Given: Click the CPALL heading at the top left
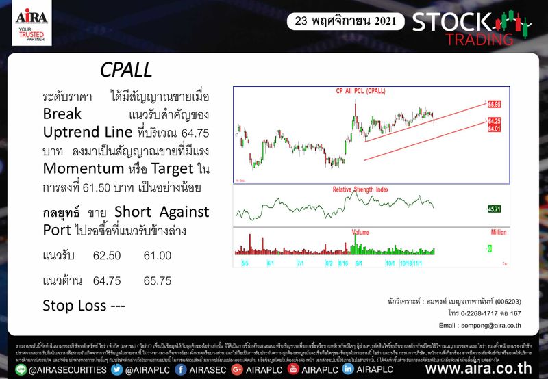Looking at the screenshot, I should [125, 70].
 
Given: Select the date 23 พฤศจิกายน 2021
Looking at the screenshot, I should [345, 21].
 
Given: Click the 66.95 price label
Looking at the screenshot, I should [495, 105].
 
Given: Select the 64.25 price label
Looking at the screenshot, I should [495, 120].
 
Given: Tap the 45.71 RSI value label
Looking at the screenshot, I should [495, 209].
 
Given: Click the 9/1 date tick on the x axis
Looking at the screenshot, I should [359, 262].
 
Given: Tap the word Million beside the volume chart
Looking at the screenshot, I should [497, 233].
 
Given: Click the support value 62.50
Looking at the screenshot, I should [107, 255].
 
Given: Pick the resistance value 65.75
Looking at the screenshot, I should [158, 280].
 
